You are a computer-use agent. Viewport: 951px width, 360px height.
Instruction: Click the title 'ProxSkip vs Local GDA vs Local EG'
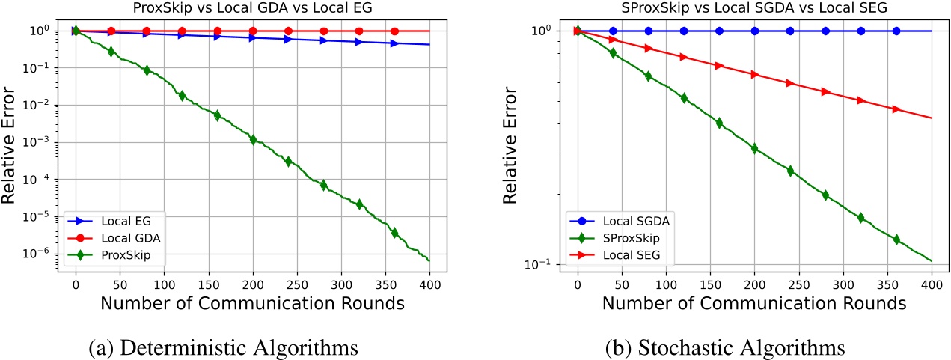(254, 8)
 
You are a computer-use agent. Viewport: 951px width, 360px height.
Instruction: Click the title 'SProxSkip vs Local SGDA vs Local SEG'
(754, 8)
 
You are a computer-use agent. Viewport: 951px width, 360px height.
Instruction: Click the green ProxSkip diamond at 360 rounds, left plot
(395, 233)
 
